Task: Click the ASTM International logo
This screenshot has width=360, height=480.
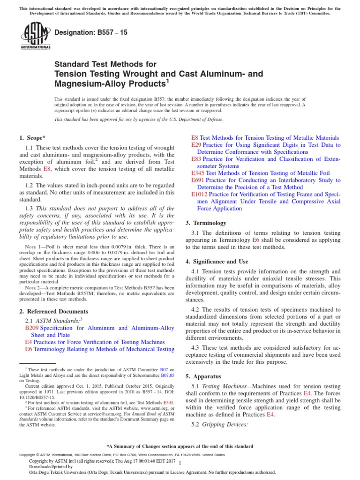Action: point(36,36)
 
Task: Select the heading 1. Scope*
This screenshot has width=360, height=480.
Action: point(32,137)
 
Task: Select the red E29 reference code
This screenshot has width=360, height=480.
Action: point(196,145)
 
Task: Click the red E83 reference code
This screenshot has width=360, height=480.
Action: point(196,159)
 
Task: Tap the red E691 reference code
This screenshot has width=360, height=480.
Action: point(198,180)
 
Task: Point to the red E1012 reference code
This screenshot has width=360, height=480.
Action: point(199,194)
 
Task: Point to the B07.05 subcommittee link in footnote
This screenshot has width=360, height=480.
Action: point(167,375)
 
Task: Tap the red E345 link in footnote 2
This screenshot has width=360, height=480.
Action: point(168,402)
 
